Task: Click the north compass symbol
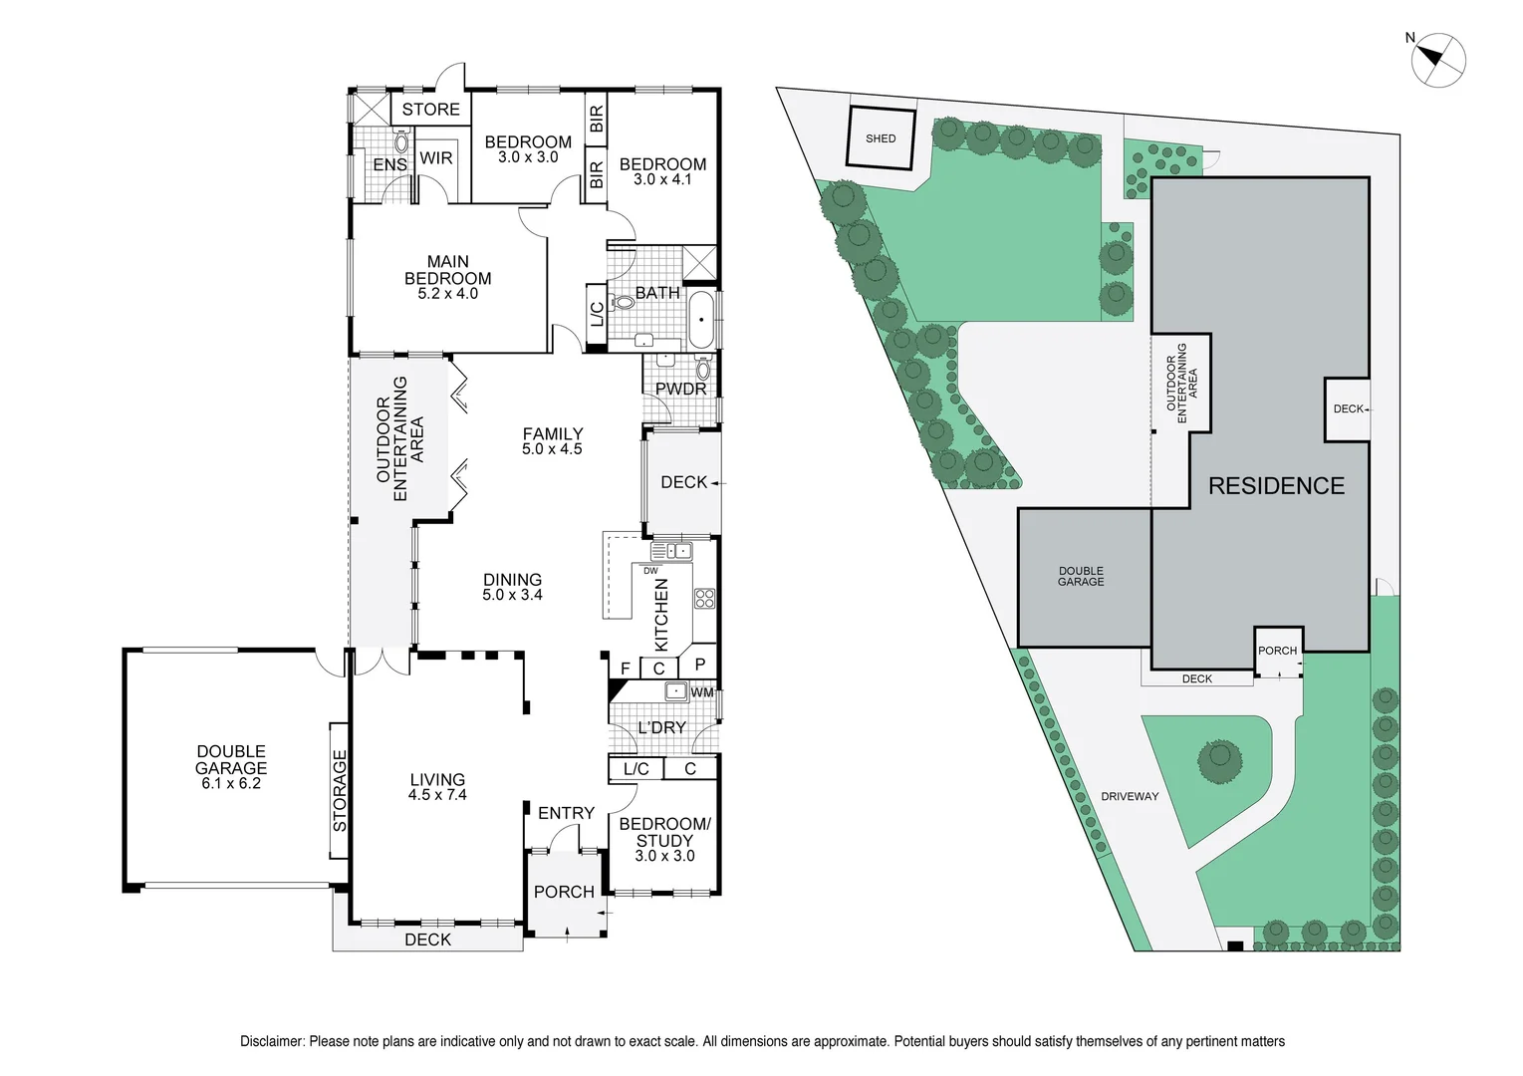tap(1438, 59)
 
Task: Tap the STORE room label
tap(430, 110)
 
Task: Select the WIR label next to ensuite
tap(435, 158)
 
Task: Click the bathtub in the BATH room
tap(701, 320)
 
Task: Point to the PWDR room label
tap(680, 389)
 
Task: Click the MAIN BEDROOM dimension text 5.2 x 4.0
tap(447, 294)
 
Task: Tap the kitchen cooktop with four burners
tap(704, 598)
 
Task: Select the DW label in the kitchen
tap(650, 571)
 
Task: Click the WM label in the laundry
tap(701, 692)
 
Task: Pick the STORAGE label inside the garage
tap(340, 791)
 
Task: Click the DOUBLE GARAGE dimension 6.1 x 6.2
tap(230, 784)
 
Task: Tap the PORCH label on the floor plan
tap(564, 892)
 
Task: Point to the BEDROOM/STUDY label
tap(664, 832)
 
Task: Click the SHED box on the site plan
tap(880, 138)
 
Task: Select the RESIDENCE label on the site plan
tap(1276, 486)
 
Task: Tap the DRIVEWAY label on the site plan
tap(1130, 796)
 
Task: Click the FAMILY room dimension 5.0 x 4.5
tap(552, 449)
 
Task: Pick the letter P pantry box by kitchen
tap(699, 665)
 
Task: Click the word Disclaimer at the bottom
tap(272, 1041)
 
